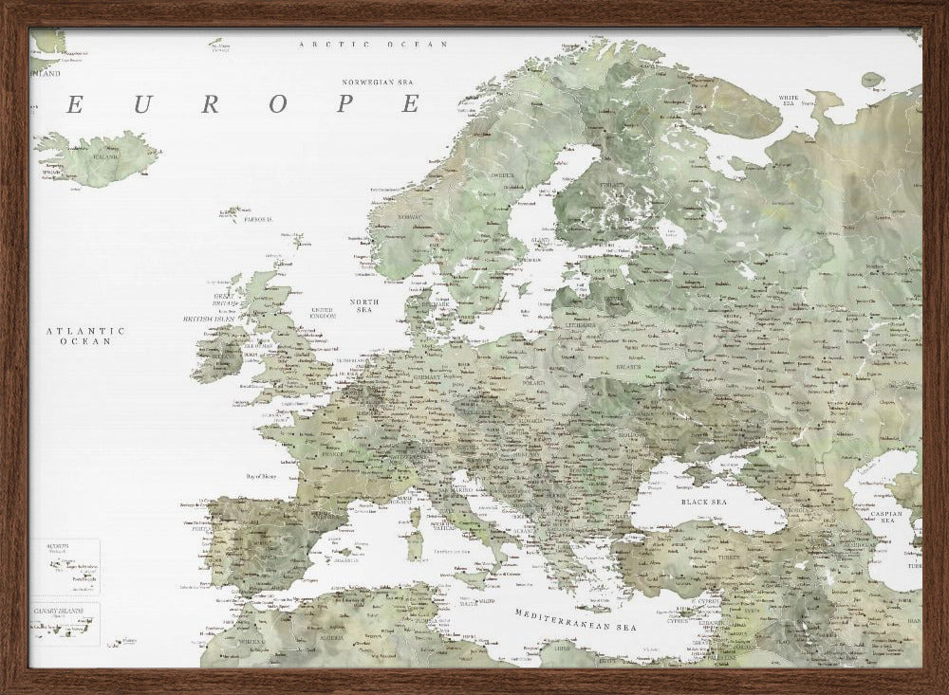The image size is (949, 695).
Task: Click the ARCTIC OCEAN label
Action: [x=372, y=45]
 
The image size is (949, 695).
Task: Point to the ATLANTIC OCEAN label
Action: [x=85, y=336]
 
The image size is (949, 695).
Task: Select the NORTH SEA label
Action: [x=364, y=305]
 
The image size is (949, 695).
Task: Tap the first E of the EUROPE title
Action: [x=73, y=105]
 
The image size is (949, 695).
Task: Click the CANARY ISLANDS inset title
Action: [x=59, y=612]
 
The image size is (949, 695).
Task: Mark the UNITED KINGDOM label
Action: [x=324, y=312]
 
